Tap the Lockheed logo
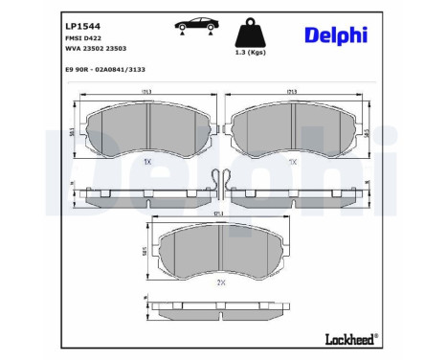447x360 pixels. click(350, 340)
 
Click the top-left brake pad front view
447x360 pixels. click(146, 129)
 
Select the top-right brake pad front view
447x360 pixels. click(295, 129)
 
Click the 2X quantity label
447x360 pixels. click(221, 284)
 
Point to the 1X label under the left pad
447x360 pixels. click(146, 162)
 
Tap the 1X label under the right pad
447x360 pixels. click(295, 162)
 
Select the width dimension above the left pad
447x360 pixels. click(146, 93)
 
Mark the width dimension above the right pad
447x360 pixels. click(295, 93)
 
